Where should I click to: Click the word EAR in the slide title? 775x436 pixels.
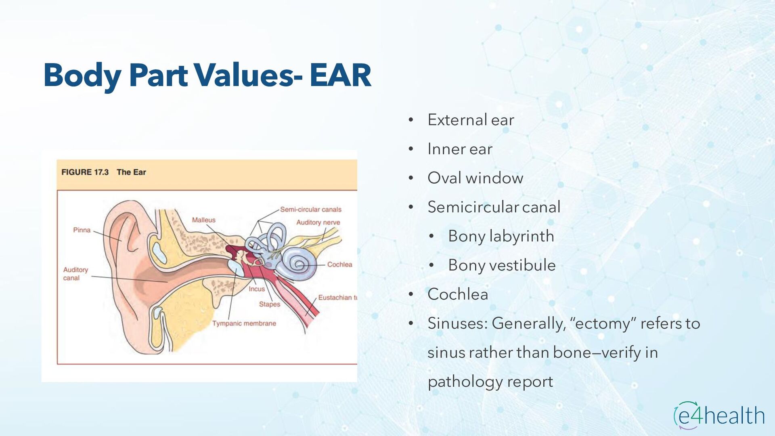click(340, 75)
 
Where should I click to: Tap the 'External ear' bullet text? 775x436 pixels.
click(471, 120)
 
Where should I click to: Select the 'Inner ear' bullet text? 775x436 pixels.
click(460, 149)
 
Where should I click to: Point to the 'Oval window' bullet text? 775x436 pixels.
click(475, 178)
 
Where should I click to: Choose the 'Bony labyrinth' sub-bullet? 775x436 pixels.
click(501, 236)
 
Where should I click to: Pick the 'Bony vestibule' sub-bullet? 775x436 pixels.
click(502, 265)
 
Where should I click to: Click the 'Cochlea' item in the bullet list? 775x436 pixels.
click(458, 294)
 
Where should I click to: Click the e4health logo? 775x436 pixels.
click(719, 415)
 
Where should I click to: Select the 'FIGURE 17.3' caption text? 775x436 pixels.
click(85, 172)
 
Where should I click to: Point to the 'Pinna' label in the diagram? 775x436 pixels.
click(82, 230)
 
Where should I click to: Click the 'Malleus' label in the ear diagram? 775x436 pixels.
click(203, 220)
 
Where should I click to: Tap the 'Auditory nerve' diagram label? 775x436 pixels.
click(318, 222)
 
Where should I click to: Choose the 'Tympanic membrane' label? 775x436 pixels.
click(244, 323)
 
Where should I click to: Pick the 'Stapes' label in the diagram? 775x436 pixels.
click(269, 304)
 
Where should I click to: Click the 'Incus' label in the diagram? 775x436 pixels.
click(257, 289)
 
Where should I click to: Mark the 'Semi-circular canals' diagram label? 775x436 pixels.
click(311, 210)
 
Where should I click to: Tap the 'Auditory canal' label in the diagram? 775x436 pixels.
click(75, 274)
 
